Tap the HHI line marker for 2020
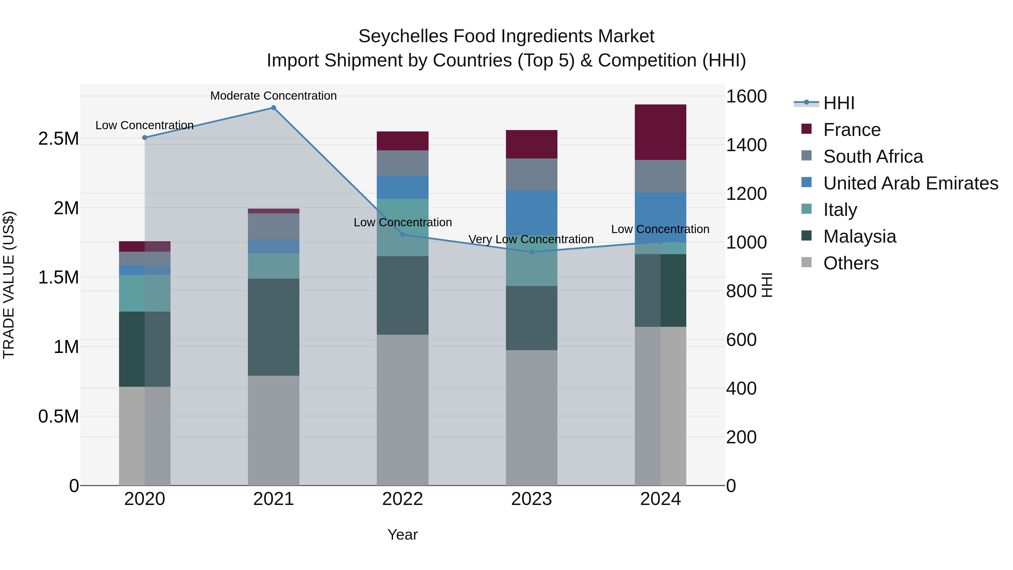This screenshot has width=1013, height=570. click(145, 138)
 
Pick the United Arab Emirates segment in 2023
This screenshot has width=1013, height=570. click(532, 213)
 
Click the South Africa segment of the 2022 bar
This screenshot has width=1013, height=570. click(402, 163)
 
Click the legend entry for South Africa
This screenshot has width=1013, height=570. click(873, 157)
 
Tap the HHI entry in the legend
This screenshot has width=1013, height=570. click(839, 103)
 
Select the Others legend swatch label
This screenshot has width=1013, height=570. click(851, 263)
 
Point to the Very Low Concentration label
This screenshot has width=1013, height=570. click(531, 239)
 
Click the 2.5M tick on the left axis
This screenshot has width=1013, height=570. click(58, 139)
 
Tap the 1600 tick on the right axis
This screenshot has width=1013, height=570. click(746, 96)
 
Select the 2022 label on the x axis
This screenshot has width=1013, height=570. click(402, 499)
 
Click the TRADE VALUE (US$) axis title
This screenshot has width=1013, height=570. click(9, 285)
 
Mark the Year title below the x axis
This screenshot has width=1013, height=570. click(402, 535)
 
